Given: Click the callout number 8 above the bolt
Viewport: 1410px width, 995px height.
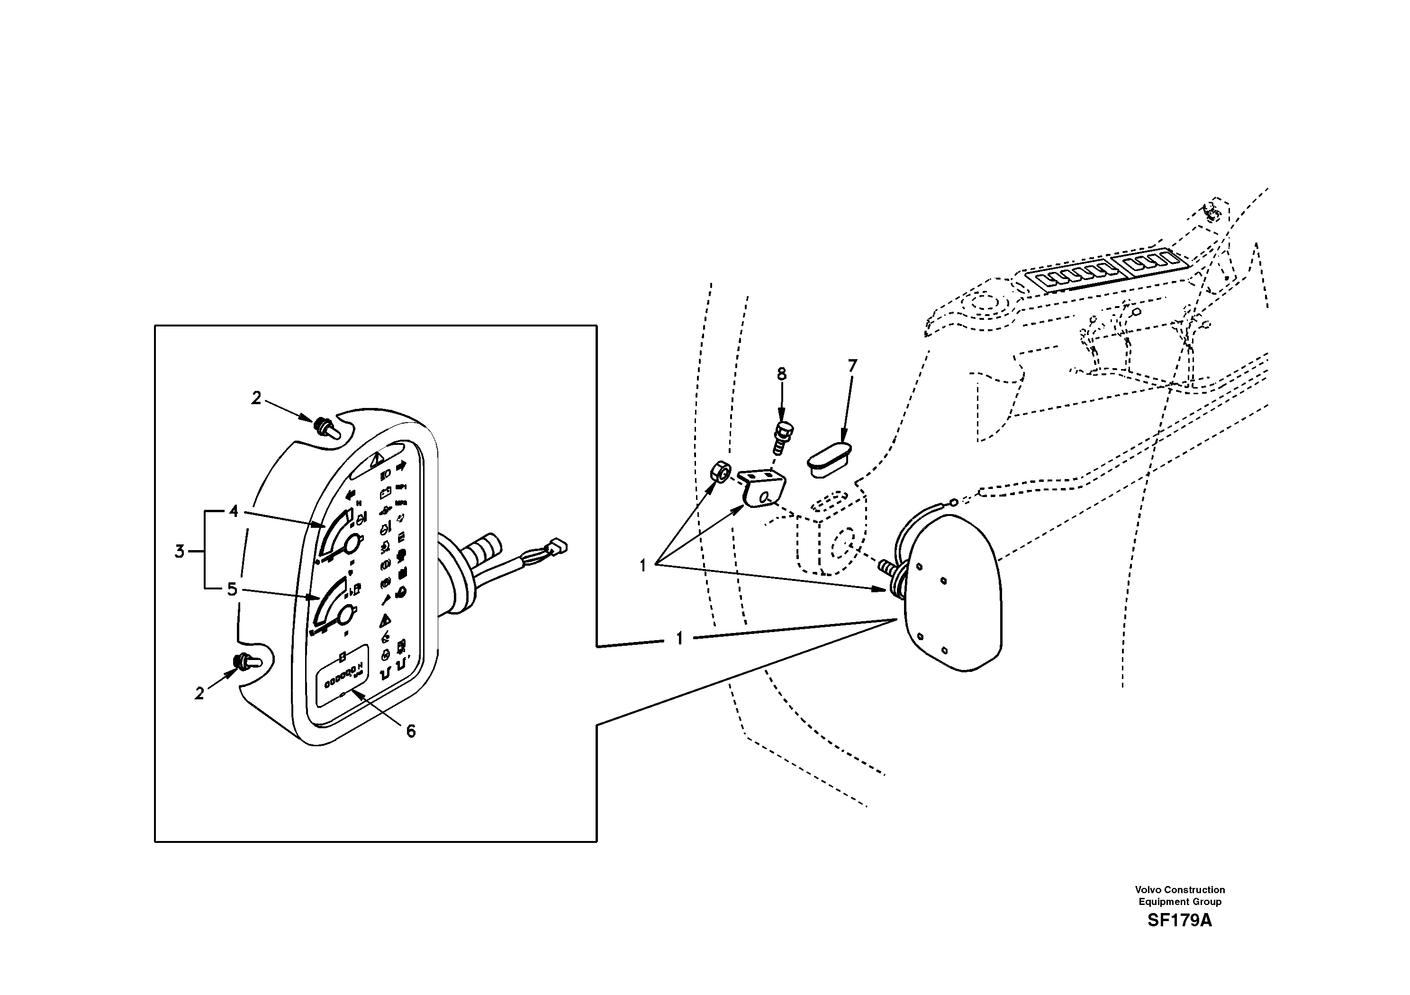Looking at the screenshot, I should pos(781,374).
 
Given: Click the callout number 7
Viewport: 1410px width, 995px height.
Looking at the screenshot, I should pos(852,366).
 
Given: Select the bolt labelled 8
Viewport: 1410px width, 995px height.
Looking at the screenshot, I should pos(782,437).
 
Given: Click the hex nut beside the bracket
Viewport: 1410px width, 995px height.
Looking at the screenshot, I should pos(720,472).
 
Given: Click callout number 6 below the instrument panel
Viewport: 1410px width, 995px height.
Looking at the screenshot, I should pos(411,731).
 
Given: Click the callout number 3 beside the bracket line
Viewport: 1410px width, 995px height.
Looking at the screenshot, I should pos(179,552).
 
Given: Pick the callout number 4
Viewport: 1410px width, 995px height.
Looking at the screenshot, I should pos(234,511).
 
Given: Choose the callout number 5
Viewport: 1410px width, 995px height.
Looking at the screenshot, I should pos(232,589).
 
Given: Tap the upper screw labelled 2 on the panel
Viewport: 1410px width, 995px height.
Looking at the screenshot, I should pos(324,427).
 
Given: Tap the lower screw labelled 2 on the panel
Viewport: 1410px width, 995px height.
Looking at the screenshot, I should pos(244,662).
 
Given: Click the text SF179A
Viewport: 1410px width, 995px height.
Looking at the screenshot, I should pos(1179,921).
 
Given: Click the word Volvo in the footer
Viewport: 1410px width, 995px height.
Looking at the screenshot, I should pos(1148,889).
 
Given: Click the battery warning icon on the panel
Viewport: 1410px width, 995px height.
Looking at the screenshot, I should pos(385,492).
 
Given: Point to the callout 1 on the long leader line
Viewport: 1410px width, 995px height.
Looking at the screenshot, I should pos(679,639).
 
